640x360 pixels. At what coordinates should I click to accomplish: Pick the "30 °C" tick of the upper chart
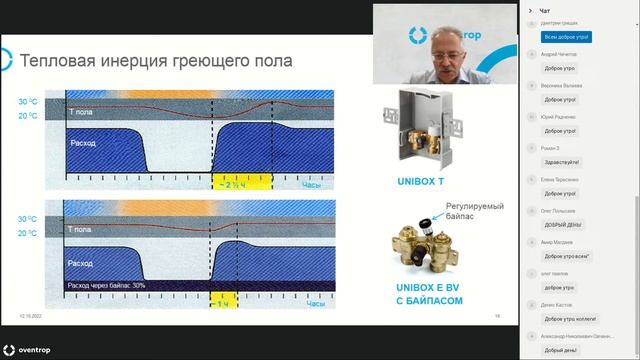pos(30,103)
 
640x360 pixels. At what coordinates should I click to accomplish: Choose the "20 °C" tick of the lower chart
pos(30,232)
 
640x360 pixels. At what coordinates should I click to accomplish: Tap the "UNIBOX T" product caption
pos(405,181)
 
